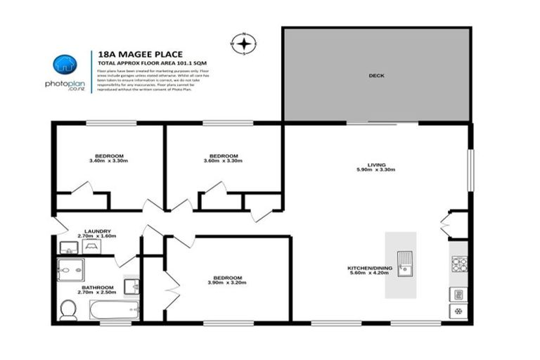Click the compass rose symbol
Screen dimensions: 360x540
[x=243, y=44]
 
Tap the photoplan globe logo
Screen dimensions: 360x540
[x=65, y=64]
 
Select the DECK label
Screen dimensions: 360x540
[x=377, y=75]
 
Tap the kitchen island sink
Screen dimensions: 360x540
[x=404, y=264]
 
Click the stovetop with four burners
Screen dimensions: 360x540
[x=458, y=264]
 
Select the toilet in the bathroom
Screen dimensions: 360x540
[x=68, y=309]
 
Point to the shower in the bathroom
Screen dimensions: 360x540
[x=72, y=270]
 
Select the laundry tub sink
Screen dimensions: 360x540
[x=69, y=247]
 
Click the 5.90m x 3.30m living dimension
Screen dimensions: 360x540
[x=376, y=170]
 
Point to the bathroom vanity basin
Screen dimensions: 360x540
[x=131, y=287]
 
